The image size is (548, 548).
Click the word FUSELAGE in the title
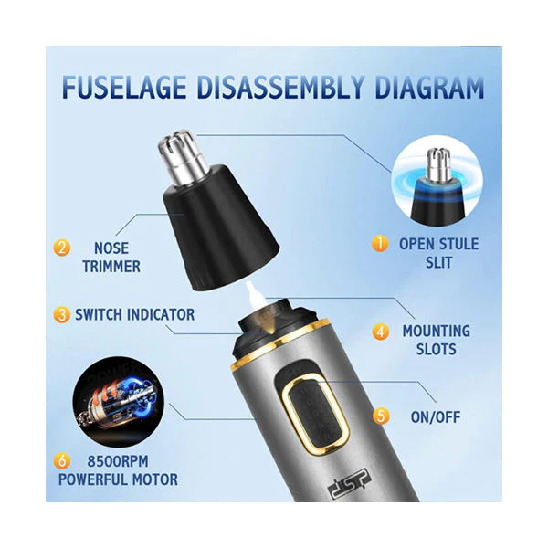[124, 87]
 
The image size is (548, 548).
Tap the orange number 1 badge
[380, 243]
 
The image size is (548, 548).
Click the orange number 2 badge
[62, 248]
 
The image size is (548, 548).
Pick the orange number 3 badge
[62, 314]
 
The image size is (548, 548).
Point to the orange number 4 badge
[381, 332]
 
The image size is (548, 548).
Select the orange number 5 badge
[381, 416]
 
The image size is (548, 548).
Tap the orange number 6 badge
[62, 461]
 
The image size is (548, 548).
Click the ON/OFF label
[436, 417]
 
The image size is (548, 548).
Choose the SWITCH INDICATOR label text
[135, 314]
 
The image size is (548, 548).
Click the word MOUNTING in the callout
[437, 331]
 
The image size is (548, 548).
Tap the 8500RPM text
[118, 461]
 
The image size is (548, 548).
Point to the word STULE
[457, 244]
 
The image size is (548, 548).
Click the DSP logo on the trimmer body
[350, 483]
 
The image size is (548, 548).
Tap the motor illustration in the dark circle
[119, 402]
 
